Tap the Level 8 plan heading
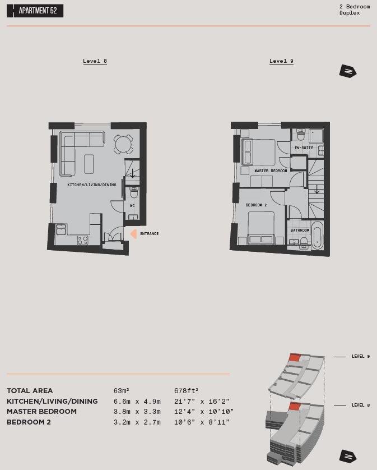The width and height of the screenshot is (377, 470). pyautogui.click(x=95, y=61)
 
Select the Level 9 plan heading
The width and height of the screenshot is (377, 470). pyautogui.click(x=281, y=61)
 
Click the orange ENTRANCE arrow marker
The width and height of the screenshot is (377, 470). pyautogui.click(x=133, y=234)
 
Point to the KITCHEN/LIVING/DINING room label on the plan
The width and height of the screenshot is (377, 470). pyautogui.click(x=92, y=185)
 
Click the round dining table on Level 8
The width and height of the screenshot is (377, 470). pyautogui.click(x=123, y=144)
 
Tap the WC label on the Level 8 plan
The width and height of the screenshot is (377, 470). pyautogui.click(x=132, y=205)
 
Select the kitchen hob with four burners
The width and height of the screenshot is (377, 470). pyautogui.click(x=82, y=240)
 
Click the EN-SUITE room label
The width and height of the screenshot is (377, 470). pyautogui.click(x=304, y=148)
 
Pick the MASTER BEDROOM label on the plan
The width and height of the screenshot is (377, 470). pyautogui.click(x=271, y=171)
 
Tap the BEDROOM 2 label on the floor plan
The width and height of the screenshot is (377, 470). pyautogui.click(x=256, y=205)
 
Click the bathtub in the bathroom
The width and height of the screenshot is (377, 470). pyautogui.click(x=317, y=236)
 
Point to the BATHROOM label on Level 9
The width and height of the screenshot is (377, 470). pyautogui.click(x=300, y=230)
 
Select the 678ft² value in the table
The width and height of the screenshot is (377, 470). pyautogui.click(x=186, y=391)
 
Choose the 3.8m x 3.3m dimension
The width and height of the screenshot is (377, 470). pyautogui.click(x=137, y=412)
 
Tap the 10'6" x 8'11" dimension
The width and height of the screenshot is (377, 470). pyautogui.click(x=202, y=422)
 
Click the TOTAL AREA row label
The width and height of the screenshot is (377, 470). pyautogui.click(x=30, y=391)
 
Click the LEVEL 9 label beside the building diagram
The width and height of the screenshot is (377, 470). pyautogui.click(x=360, y=357)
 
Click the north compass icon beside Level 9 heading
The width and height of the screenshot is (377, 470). pyautogui.click(x=348, y=71)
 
